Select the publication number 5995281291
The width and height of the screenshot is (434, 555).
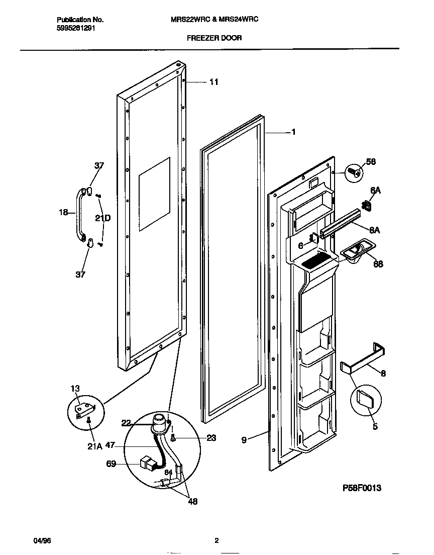(x=75, y=29)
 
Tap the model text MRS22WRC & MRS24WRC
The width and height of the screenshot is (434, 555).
(x=215, y=20)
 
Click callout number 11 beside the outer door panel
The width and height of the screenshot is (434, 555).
(x=213, y=82)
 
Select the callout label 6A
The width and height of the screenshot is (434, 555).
(x=375, y=191)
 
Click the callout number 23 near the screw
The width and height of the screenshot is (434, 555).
(x=211, y=438)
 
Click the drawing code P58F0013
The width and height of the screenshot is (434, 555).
(x=362, y=488)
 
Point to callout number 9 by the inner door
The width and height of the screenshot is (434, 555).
(x=244, y=440)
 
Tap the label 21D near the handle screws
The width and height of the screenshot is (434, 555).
(x=103, y=218)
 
